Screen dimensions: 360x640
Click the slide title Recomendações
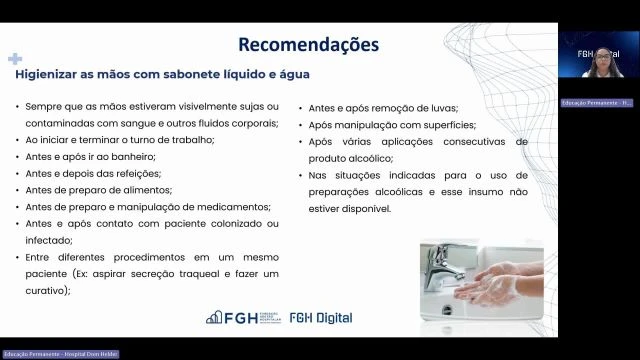click(x=308, y=45)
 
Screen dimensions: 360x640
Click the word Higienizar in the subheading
click(x=47, y=74)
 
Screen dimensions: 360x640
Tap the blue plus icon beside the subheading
click(x=14, y=60)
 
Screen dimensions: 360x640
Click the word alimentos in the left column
click(x=145, y=189)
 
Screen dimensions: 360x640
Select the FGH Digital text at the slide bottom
click(x=320, y=318)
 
